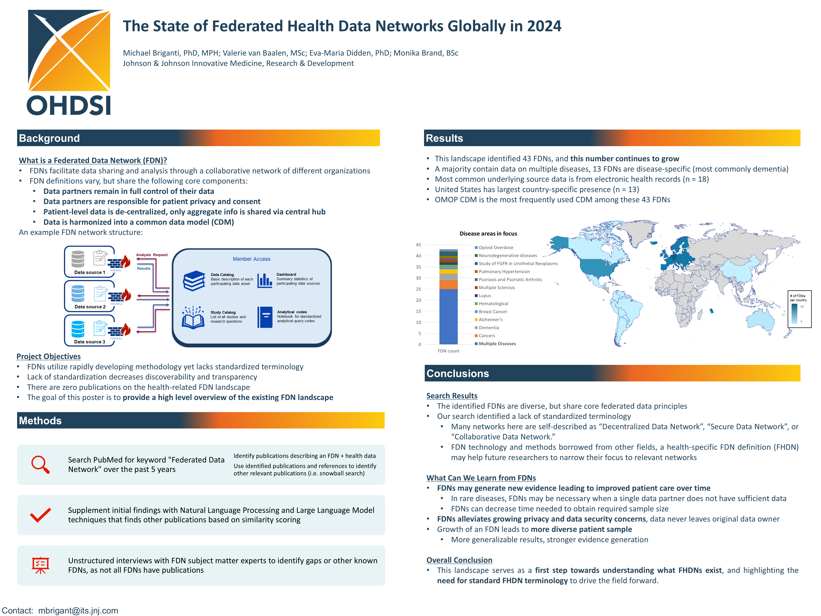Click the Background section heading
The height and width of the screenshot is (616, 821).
click(x=49, y=138)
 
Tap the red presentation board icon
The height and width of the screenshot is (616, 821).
click(x=40, y=565)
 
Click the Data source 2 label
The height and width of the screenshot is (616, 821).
click(x=90, y=307)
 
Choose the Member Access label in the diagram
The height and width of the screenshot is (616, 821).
click(x=251, y=259)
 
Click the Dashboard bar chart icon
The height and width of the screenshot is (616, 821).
click(x=265, y=280)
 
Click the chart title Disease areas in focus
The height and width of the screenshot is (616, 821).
click(x=488, y=233)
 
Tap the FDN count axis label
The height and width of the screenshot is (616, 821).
click(x=448, y=351)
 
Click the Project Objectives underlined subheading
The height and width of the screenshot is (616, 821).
click(x=49, y=356)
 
